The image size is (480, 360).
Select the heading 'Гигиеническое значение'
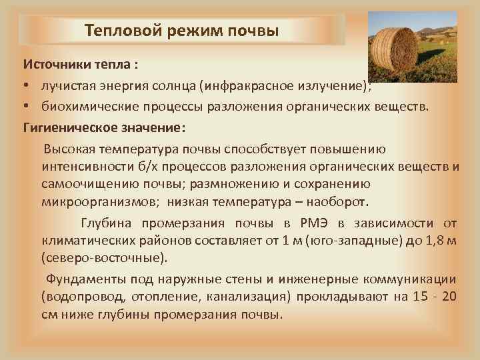tap(103, 126)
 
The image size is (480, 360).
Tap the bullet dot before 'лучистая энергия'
tap(28, 87)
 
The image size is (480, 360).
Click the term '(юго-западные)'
tap(342, 240)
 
